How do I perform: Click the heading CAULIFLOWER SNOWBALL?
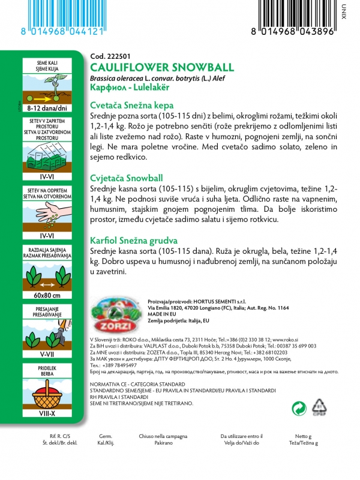(154, 67)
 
